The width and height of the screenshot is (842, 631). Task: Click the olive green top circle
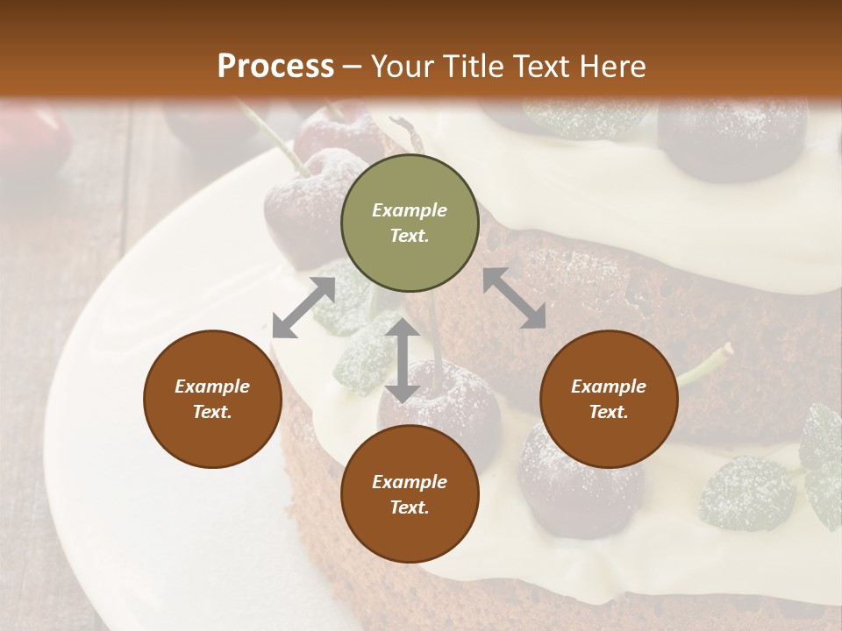pos(410,224)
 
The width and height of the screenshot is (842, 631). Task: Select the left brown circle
pos(212,400)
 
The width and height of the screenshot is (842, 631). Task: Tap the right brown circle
pos(609,400)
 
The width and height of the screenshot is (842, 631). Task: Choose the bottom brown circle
pos(410,495)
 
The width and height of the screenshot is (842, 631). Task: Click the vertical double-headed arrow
pos(403,360)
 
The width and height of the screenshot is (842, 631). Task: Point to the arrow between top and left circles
pos(303,308)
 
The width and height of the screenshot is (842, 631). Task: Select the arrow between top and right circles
pos(514,298)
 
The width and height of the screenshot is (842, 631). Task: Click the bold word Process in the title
pos(275,66)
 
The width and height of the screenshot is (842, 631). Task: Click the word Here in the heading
pos(613,67)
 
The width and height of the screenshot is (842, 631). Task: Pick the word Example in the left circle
pos(212,386)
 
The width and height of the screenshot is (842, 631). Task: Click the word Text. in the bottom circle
pos(410,507)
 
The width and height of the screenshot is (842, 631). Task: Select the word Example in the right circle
pos(609,386)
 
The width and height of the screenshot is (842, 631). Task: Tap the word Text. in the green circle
pos(410,237)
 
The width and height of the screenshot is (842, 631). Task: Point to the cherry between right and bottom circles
pos(561,482)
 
